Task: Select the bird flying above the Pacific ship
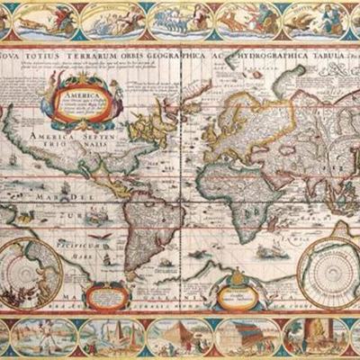pos(108,236)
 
